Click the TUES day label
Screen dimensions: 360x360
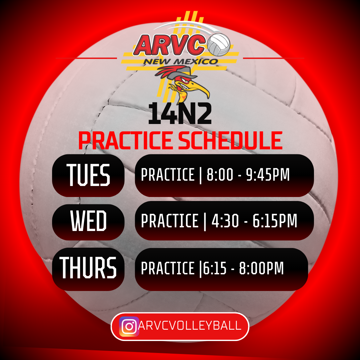pyautogui.click(x=88, y=175)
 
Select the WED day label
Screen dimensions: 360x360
pyautogui.click(x=88, y=221)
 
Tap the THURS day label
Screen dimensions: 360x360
pyautogui.click(x=88, y=268)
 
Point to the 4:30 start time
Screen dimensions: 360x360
pyautogui.click(x=225, y=221)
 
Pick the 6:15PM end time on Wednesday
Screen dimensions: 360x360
pyautogui.click(x=275, y=221)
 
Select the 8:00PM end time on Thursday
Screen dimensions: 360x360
pyautogui.click(x=261, y=268)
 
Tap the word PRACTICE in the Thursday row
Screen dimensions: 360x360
pyautogui.click(x=168, y=268)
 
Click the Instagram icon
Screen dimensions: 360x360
pyautogui.click(x=129, y=326)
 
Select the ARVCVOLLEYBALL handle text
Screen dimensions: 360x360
pyautogui.click(x=190, y=326)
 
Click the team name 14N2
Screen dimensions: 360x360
pyautogui.click(x=180, y=113)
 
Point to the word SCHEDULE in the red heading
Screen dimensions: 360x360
pyautogui.click(x=230, y=140)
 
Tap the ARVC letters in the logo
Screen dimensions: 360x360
pyautogui.click(x=169, y=45)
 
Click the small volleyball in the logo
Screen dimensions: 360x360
pyautogui.click(x=219, y=45)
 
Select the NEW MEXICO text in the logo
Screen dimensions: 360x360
pyautogui.click(x=180, y=61)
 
